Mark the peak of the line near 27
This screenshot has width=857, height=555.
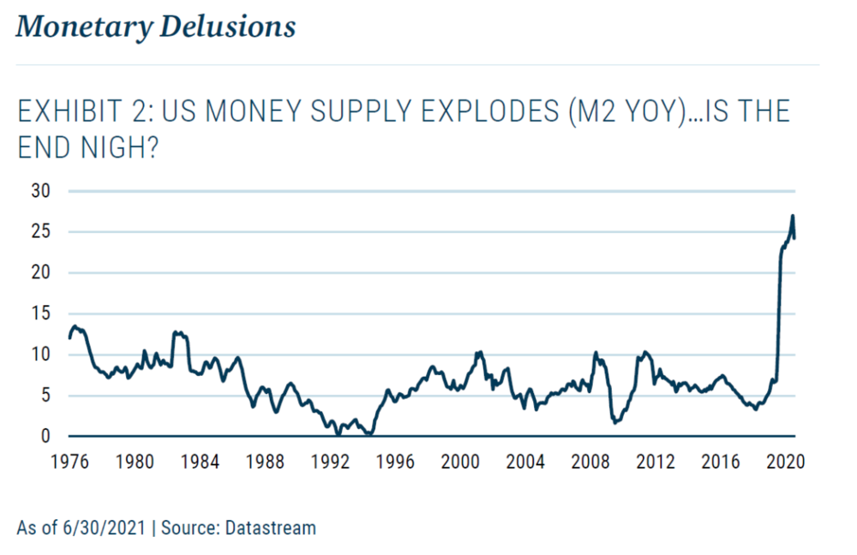(793, 216)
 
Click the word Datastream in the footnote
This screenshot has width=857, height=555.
(270, 528)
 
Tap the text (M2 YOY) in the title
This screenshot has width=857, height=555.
(632, 113)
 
